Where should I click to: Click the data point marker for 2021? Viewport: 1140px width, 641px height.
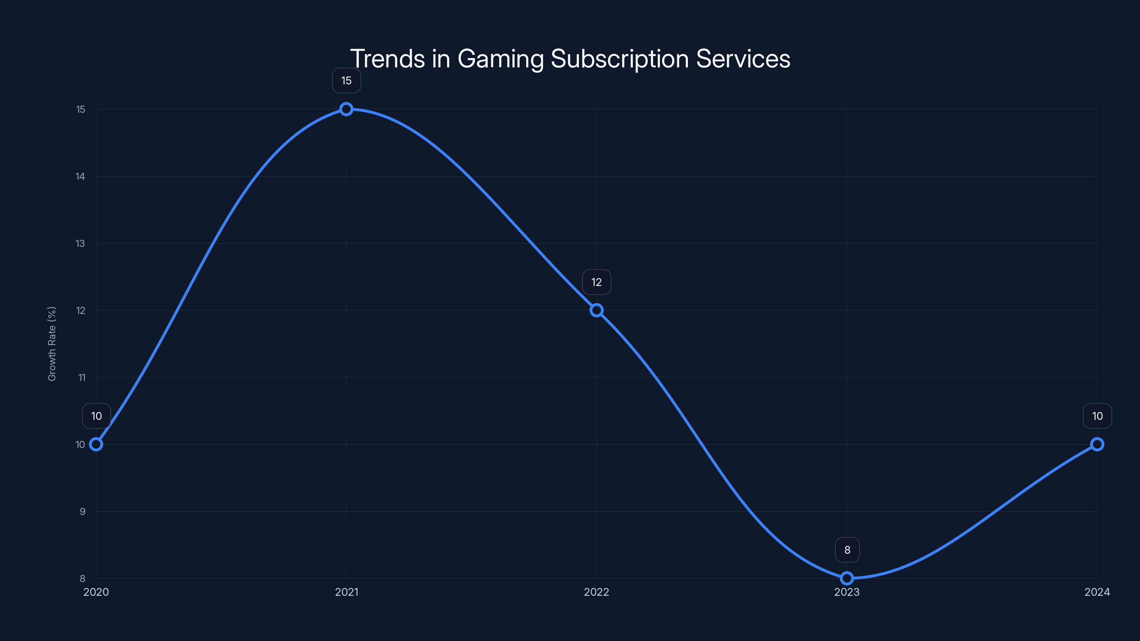point(346,109)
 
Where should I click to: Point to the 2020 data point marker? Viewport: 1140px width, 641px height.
point(96,444)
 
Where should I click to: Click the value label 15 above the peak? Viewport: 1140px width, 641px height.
point(346,80)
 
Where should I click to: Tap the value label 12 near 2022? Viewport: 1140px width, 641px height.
point(596,282)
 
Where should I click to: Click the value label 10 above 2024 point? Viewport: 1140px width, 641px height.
point(1097,416)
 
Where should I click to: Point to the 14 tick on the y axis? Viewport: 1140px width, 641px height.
point(80,177)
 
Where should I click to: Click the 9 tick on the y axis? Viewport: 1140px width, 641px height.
point(82,511)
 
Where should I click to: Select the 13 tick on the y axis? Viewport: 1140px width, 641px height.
point(80,243)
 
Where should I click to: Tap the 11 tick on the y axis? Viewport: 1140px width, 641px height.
point(82,377)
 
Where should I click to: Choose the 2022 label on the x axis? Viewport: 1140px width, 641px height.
point(596,592)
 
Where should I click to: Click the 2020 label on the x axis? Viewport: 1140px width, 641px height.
point(96,592)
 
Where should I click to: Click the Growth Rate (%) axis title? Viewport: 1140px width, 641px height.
point(52,344)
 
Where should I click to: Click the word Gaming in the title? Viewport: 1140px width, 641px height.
point(500,59)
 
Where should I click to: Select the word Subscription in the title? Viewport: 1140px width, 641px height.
point(620,59)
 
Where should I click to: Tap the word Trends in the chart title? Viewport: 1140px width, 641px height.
point(387,59)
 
